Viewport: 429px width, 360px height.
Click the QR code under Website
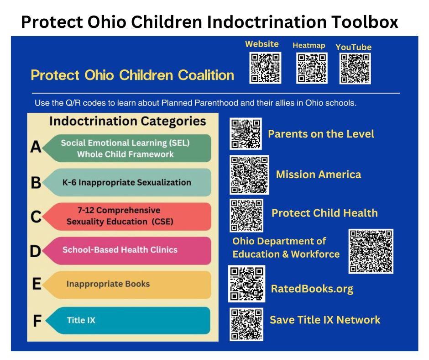pyautogui.click(x=265, y=68)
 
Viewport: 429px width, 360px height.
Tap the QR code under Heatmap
pyautogui.click(x=312, y=68)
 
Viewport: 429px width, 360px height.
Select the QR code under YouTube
pyautogui.click(x=355, y=68)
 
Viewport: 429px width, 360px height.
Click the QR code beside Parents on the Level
pyautogui.click(x=246, y=134)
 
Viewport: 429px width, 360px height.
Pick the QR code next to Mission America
pyautogui.click(x=249, y=174)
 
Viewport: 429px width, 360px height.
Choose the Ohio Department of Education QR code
pyautogui.click(x=371, y=251)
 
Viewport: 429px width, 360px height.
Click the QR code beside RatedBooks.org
pyautogui.click(x=246, y=284)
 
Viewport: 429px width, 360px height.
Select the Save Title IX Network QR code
pyautogui.click(x=246, y=324)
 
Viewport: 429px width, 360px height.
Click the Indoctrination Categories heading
pyautogui.click(x=127, y=121)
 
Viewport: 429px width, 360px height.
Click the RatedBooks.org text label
pyautogui.click(x=312, y=289)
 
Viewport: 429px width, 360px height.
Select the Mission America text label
pyautogui.click(x=318, y=174)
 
